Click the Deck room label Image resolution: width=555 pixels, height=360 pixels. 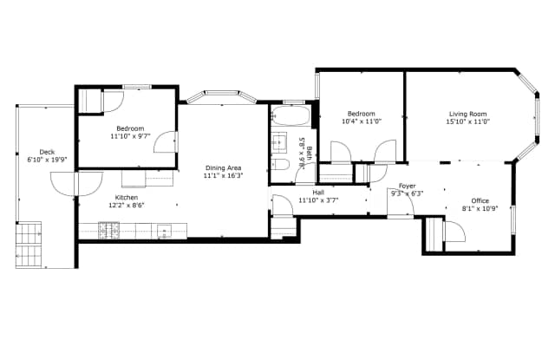click(47, 152)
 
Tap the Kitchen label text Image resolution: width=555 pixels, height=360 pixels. click(127, 198)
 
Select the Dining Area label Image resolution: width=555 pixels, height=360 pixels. click(224, 167)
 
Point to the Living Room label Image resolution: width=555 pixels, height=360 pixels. click(468, 114)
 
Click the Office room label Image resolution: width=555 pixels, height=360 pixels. click(480, 200)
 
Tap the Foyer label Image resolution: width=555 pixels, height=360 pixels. click(408, 186)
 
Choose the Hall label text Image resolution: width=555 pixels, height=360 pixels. click(318, 193)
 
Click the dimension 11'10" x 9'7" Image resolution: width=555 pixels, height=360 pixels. click(130, 136)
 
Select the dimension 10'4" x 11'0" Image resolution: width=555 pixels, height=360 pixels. click(362, 121)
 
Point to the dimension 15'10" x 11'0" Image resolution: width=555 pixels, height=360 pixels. click(468, 121)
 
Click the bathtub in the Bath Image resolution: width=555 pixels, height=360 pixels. click(291, 115)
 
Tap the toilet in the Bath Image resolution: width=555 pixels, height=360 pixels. click(280, 164)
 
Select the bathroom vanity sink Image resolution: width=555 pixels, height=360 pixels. click(279, 142)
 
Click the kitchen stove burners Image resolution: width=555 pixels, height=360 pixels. click(108, 231)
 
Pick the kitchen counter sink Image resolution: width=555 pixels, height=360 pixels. click(164, 231)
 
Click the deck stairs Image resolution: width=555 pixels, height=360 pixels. click(29, 245)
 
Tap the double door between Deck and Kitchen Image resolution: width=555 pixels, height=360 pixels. click(76, 184)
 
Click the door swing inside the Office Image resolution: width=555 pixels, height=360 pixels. click(454, 231)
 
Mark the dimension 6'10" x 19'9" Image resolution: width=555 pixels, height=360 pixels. click(47, 160)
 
